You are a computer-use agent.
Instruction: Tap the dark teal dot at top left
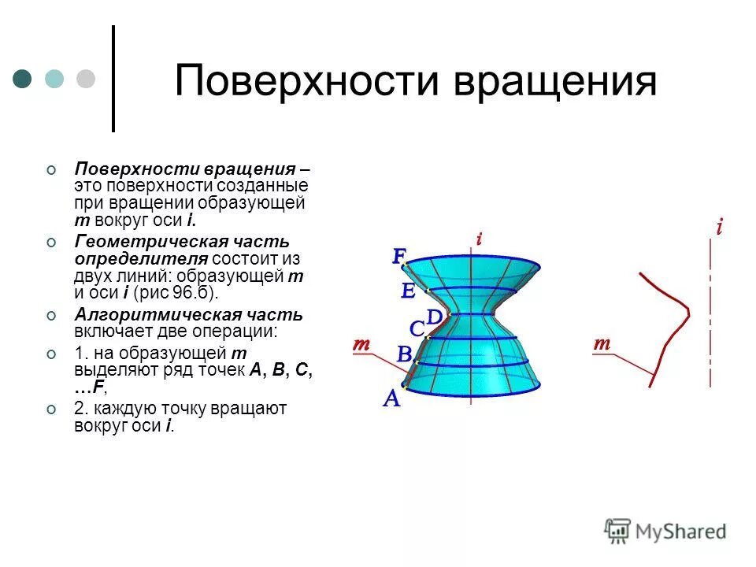click(x=23, y=78)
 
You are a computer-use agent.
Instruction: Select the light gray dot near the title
click(x=85, y=78)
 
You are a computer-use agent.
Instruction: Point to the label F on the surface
click(x=399, y=256)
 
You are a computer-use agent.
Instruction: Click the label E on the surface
click(x=407, y=291)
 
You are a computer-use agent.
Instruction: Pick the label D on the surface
click(x=435, y=317)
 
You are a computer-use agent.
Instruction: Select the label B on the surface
click(x=404, y=354)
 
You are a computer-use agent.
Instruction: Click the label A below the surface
click(x=391, y=399)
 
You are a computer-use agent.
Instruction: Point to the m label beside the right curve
click(x=602, y=343)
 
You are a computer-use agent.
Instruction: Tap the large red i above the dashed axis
click(x=719, y=228)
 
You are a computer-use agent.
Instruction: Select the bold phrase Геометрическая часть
click(x=181, y=241)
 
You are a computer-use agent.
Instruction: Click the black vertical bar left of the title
click(x=113, y=79)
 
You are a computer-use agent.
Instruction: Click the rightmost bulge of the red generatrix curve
click(x=687, y=312)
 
